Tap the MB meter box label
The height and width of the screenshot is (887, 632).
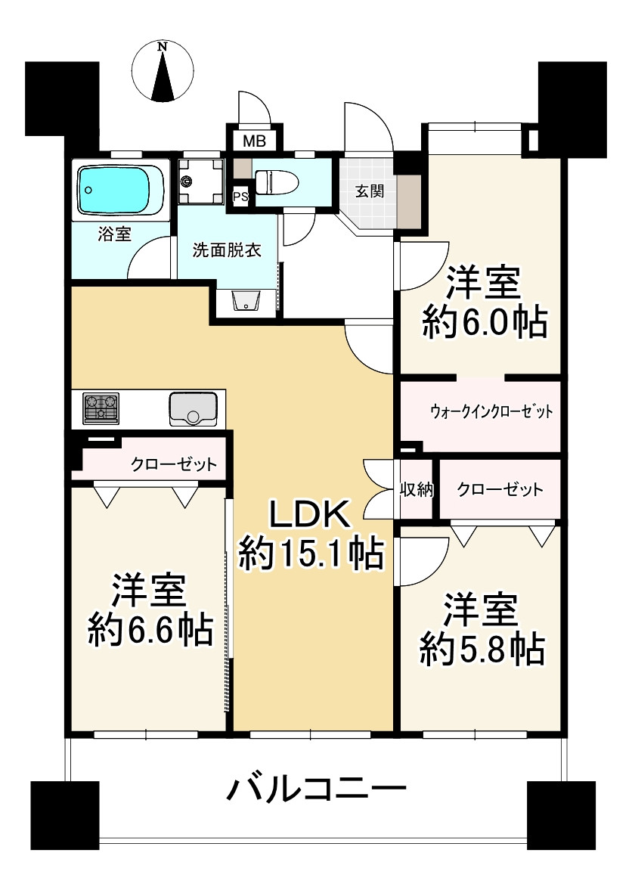coord(253,141)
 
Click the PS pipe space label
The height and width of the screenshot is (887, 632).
coord(240,197)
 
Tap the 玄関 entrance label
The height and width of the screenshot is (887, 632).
coord(370,191)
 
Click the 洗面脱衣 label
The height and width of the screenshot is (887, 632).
coord(227,250)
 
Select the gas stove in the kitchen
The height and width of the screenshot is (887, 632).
coord(101,409)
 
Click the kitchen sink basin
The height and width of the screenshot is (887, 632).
coord(194,409)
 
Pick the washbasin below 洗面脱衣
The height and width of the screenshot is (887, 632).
coord(246,301)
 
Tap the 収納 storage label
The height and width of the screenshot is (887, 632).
coord(415,489)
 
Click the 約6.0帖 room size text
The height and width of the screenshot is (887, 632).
coord(484,324)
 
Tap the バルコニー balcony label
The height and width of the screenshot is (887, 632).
coord(317,792)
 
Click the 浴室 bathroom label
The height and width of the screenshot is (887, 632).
coord(115,234)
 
